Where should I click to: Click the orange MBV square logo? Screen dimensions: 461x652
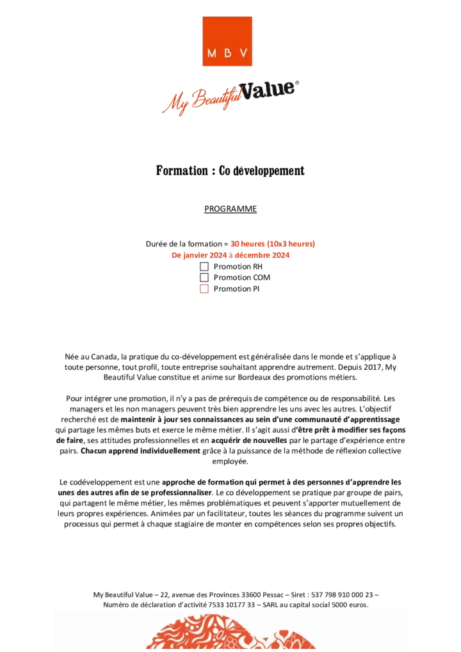click(227, 41)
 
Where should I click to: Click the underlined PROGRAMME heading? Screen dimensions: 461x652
click(230, 209)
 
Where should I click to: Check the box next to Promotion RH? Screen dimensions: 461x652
click(204, 267)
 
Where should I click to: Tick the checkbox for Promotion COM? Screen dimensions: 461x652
click(204, 277)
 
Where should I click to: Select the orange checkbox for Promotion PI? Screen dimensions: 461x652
click(204, 289)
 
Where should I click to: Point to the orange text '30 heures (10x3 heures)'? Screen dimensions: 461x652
click(273, 244)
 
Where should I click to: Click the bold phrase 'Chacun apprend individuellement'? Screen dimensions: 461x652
click(141, 450)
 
